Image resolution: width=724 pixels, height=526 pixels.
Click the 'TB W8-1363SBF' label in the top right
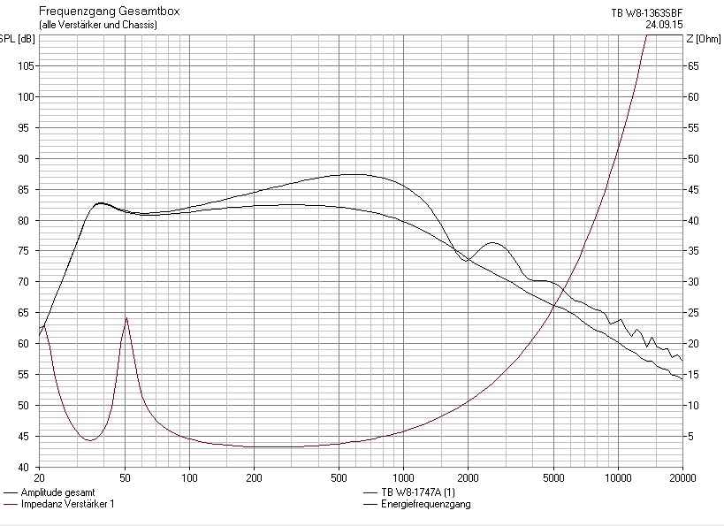(x=647, y=12)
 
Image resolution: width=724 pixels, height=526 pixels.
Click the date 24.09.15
(x=664, y=25)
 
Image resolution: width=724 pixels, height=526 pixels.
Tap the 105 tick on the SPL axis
(x=25, y=66)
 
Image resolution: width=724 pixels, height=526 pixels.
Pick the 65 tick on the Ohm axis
(x=694, y=66)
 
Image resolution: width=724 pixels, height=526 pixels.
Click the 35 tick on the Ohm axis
(x=694, y=251)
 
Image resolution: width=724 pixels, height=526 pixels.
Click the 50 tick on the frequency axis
(x=126, y=477)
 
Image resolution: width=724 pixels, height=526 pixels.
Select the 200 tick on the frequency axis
(x=255, y=477)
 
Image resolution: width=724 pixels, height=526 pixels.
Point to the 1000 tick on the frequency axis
(x=404, y=477)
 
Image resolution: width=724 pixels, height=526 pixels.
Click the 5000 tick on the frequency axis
(x=553, y=477)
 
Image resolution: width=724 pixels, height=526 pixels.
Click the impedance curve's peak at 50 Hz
(x=126, y=317)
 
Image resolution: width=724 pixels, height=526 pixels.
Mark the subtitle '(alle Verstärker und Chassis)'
(x=98, y=25)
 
